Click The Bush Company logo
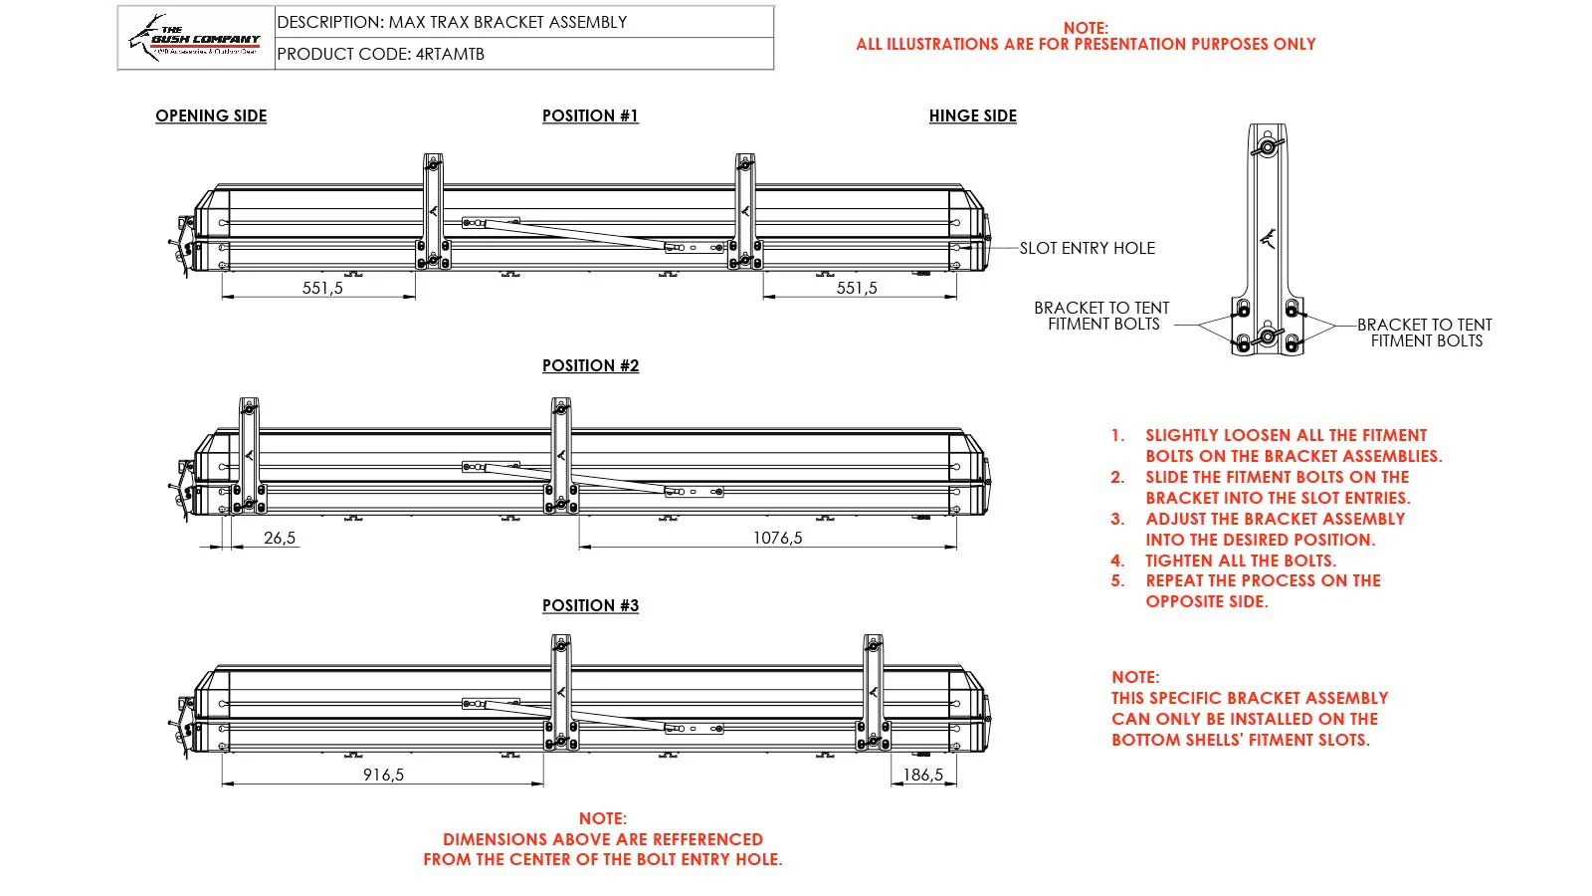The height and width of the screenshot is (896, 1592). pos(196,38)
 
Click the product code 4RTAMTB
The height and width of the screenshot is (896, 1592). pos(450,54)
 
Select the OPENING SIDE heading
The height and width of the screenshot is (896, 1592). pos(211,115)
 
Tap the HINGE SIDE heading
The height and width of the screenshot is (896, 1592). pos(972,115)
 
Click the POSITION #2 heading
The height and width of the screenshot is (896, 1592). pos(590,365)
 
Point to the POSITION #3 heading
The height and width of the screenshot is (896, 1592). pos(590,605)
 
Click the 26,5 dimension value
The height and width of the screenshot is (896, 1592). pos(280,538)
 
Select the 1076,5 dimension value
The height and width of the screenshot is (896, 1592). pos(777,538)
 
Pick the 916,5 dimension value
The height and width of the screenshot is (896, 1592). pos(383,775)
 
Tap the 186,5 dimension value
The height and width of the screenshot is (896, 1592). pos(922,775)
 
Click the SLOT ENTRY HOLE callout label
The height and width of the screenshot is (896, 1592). pos(1087,248)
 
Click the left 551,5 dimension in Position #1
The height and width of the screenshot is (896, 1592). pos(322,288)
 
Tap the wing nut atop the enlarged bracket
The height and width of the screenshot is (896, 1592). pos(1269,147)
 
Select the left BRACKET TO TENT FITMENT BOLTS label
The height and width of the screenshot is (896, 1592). pos(1101,316)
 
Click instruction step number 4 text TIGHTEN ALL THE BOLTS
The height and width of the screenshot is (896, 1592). pos(1240,560)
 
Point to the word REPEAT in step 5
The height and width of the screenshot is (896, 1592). pos(1174,580)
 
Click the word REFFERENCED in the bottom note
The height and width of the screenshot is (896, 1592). pos(707,839)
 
